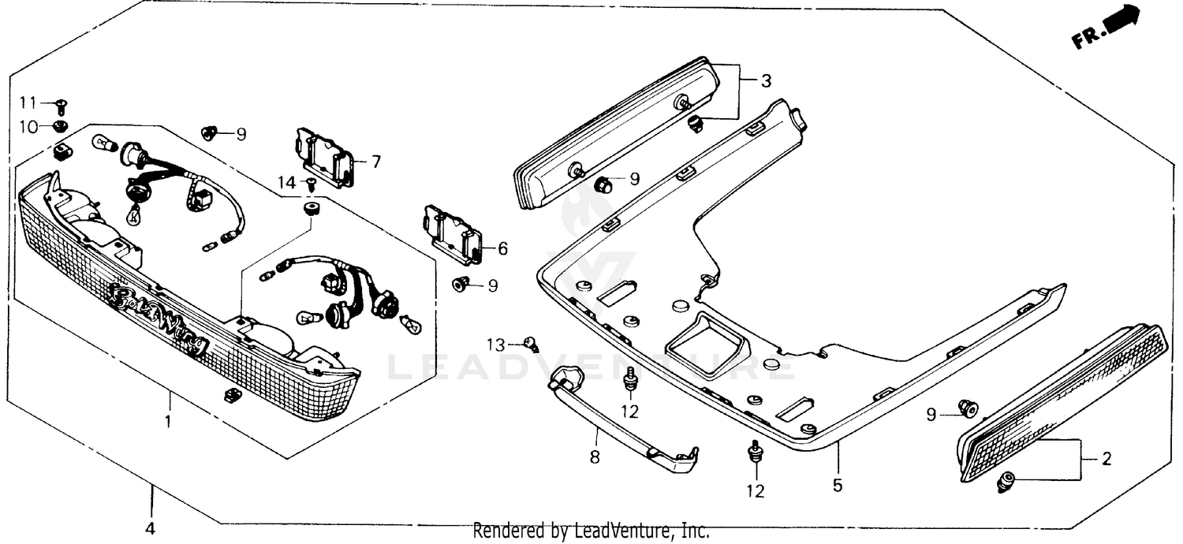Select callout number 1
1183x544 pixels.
pos(167,422)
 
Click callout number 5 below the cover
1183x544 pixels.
pos(837,485)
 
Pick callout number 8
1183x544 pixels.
pos(595,456)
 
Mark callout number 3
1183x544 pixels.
pos(766,80)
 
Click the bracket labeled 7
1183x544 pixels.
pos(323,158)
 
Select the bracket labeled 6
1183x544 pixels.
pos(453,235)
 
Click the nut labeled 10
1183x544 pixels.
pos(60,127)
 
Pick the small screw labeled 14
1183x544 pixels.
pos(311,184)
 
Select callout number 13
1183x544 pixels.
pos(494,344)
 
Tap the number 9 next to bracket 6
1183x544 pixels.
pos(493,285)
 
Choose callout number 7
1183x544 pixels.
pos(375,162)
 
